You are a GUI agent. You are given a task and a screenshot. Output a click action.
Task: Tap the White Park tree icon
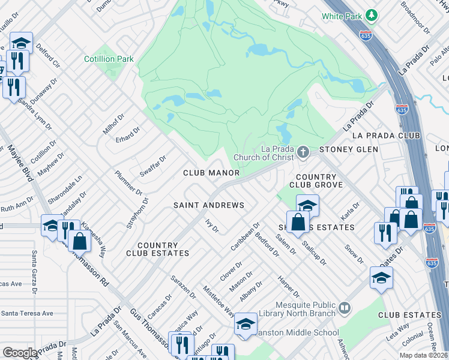coord(372,14)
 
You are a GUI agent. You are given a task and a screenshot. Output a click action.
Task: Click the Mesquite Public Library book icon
coord(344,308)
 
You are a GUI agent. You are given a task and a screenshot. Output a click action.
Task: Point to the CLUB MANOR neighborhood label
coord(211,173)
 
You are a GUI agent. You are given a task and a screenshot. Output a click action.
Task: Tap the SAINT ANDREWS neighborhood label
coord(209,205)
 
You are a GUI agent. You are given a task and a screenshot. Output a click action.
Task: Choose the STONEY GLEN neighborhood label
coord(349,149)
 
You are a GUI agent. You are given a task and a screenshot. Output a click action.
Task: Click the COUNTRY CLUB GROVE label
coord(316,181)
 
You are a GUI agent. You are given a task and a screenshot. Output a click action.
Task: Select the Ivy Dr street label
coord(211,226)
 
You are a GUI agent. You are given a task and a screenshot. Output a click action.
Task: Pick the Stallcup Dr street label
coord(314,252)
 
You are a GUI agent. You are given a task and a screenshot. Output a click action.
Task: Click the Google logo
coord(20,353)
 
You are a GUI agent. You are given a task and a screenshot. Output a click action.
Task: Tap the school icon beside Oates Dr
coord(381,278)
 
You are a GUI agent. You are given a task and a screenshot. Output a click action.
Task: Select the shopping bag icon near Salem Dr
coord(298,222)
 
